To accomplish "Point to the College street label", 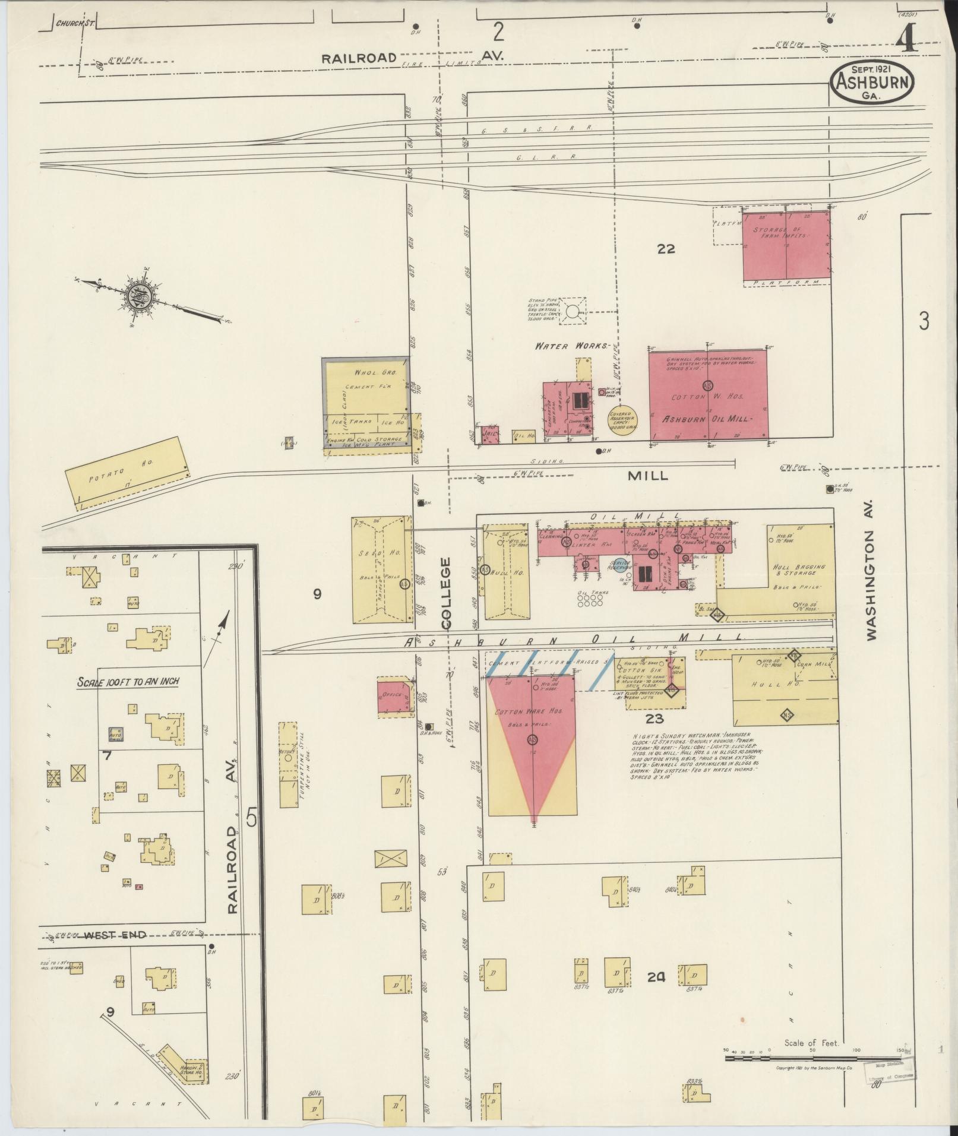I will click(447, 593).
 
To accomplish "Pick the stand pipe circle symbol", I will click(573, 311).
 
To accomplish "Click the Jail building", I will click(489, 434).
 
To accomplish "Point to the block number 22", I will click(666, 249).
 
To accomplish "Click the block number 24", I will click(656, 976).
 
